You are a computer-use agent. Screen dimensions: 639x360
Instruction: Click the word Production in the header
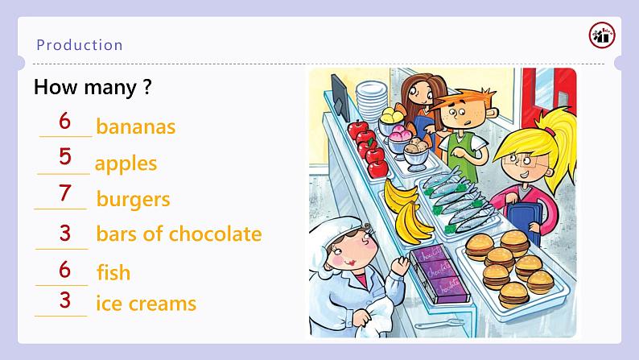[80, 45]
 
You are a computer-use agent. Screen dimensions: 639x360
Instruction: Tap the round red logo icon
[602, 35]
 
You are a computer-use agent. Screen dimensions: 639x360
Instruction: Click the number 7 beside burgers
[64, 192]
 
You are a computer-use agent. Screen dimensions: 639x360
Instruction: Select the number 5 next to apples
[65, 156]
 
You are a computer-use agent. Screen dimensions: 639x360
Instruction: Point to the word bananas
[136, 126]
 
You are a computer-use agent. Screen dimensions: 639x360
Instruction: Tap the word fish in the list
[113, 272]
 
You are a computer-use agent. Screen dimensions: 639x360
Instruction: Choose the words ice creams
[146, 304]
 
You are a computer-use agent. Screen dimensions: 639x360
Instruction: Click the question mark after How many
[147, 87]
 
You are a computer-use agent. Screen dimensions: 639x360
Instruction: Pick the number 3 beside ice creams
[65, 300]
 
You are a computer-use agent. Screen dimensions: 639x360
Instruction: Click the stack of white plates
[371, 100]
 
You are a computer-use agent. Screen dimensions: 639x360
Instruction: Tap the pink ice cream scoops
[399, 133]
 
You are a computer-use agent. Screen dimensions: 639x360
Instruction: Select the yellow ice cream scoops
[392, 115]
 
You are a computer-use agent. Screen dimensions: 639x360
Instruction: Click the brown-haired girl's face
[419, 94]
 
